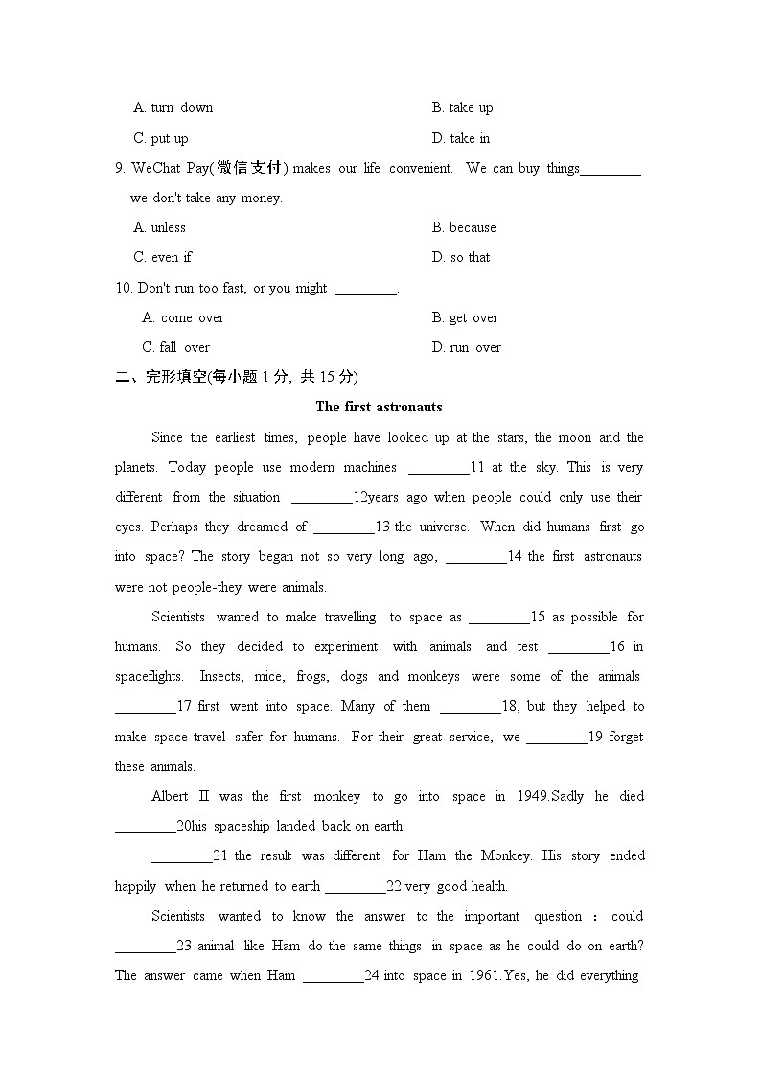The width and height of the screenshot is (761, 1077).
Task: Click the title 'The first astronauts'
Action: (x=379, y=407)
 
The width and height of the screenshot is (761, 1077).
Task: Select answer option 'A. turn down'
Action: (x=173, y=108)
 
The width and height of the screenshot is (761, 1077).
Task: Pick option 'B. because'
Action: (x=464, y=228)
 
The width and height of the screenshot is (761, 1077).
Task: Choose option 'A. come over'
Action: (x=183, y=318)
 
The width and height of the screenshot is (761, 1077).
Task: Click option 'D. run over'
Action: (x=466, y=348)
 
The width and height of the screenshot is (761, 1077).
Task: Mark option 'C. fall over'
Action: (x=176, y=348)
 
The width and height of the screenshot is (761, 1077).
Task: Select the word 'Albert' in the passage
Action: (x=172, y=797)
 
